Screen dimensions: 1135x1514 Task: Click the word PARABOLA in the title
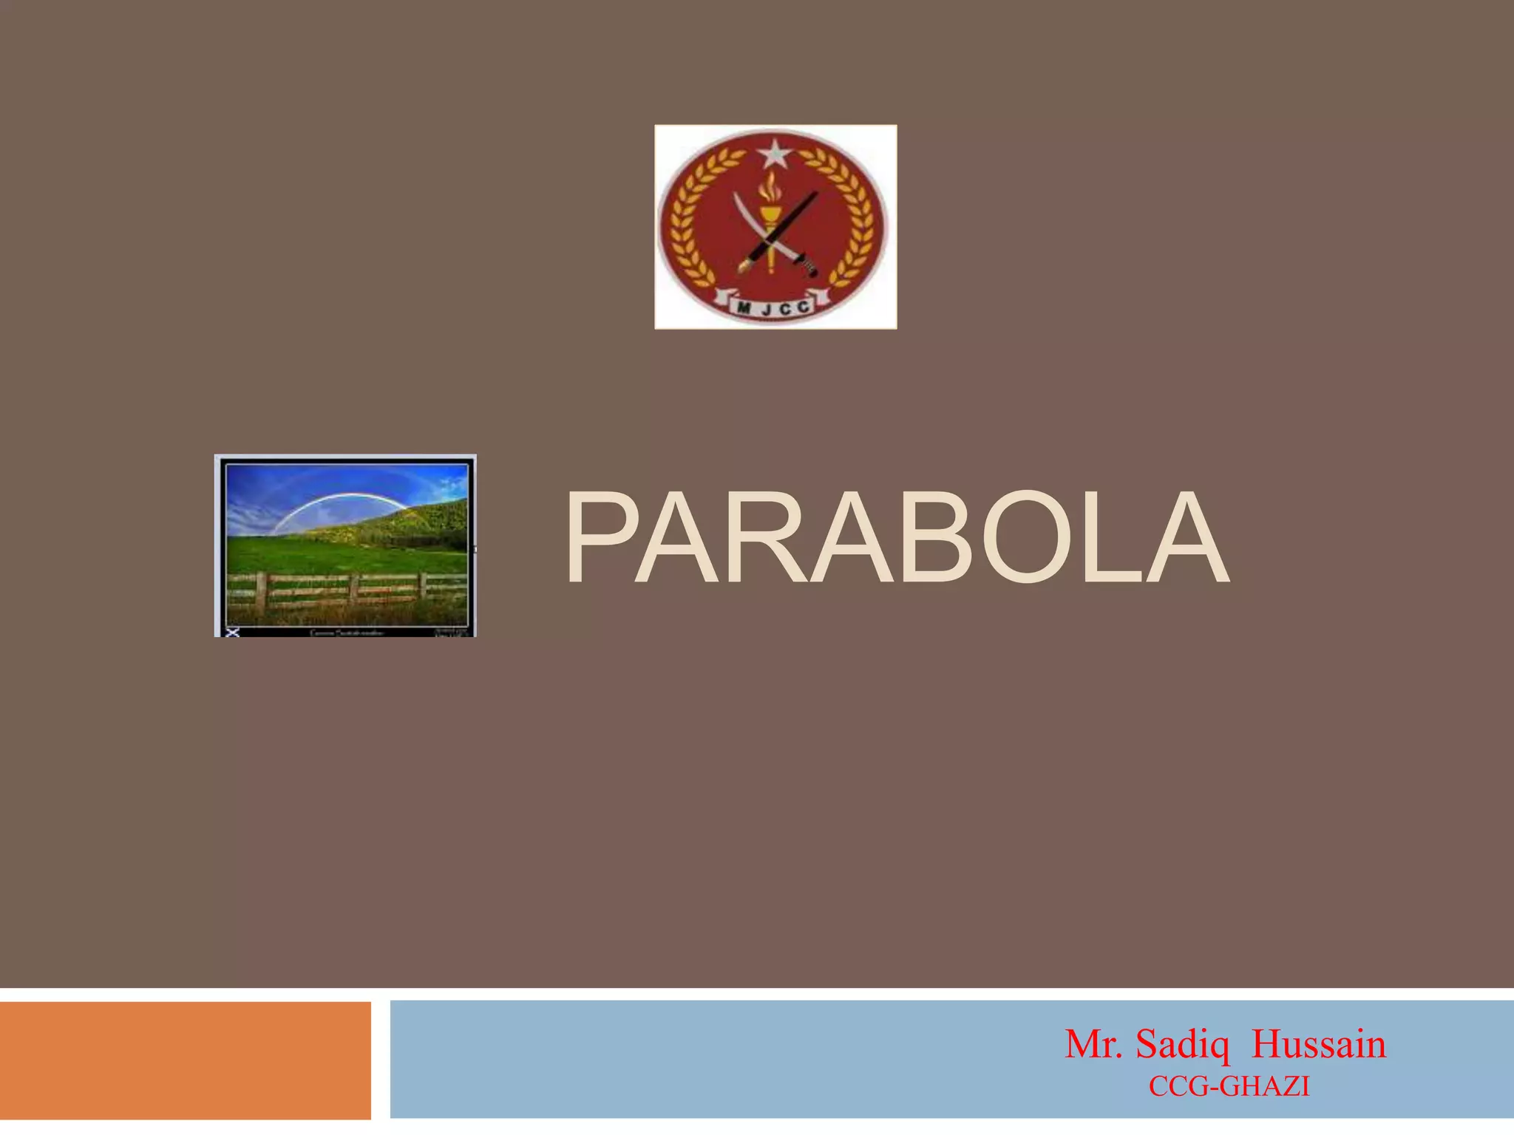896,539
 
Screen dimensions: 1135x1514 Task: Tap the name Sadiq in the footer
1182,1044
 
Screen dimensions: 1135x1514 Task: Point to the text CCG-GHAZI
1229,1086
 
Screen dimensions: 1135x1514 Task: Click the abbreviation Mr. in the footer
1093,1044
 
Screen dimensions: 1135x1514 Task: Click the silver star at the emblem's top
775,154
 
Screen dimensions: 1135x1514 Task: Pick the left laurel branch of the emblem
691,222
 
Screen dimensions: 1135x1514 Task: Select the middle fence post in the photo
354,589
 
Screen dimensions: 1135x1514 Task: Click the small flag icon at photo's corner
232,632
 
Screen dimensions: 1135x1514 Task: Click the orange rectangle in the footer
185,1060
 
